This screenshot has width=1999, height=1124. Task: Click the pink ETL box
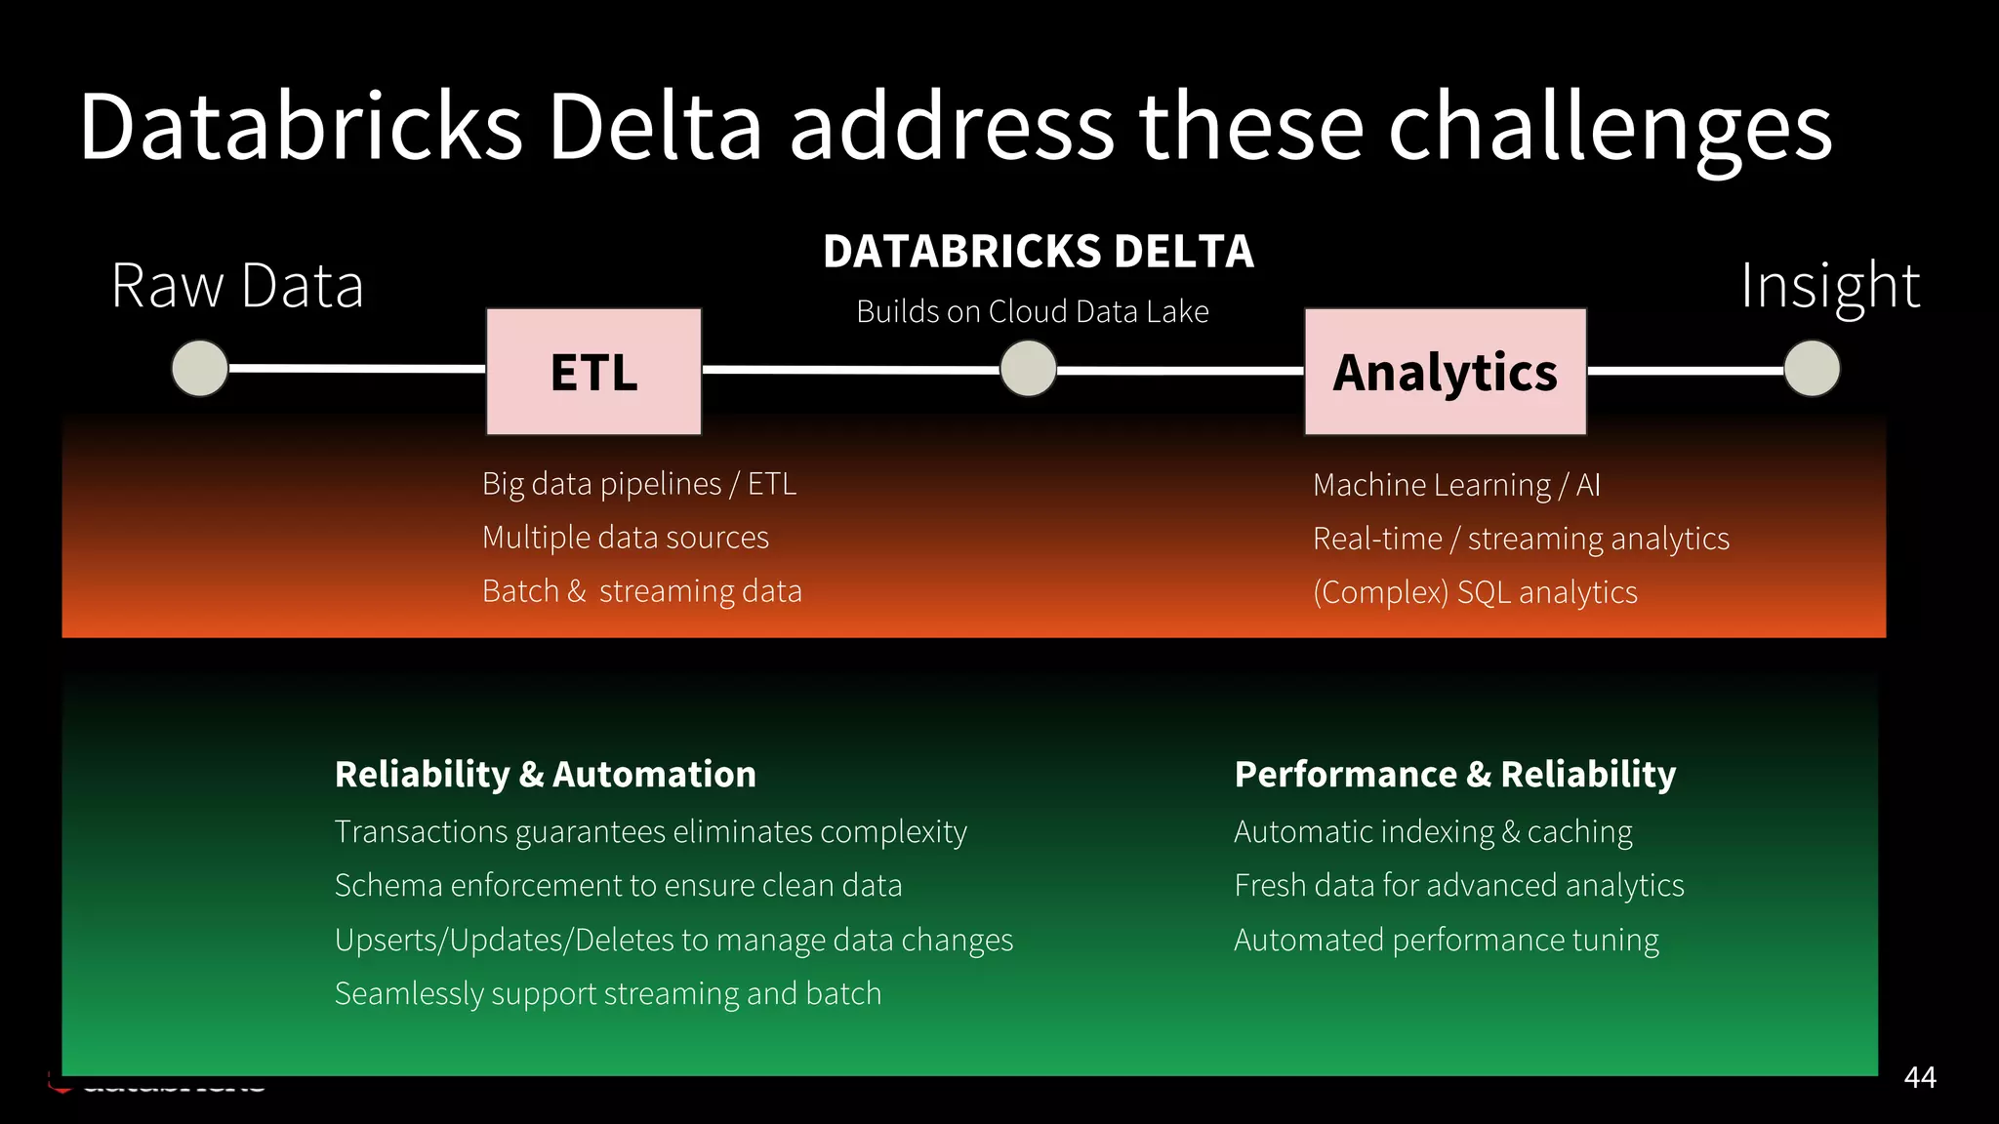[593, 372]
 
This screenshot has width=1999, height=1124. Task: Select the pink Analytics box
[1445, 372]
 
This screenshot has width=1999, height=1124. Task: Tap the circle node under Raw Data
[200, 368]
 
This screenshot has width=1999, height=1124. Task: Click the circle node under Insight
[1812, 369]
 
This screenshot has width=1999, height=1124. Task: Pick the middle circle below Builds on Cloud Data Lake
[1028, 369]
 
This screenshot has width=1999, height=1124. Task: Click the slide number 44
[1919, 1077]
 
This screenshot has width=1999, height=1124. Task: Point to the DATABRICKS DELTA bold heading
[1038, 252]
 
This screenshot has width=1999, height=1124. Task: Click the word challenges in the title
[1610, 128]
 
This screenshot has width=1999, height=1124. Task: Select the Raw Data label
[237, 286]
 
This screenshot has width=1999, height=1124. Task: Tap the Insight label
[1830, 286]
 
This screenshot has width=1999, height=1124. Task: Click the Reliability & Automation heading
[545, 774]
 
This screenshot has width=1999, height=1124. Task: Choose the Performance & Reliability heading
[1454, 774]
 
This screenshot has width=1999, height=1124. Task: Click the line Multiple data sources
[625, 538]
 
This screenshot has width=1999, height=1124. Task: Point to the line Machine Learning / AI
[1455, 485]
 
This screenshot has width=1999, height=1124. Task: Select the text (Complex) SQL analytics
[1474, 592]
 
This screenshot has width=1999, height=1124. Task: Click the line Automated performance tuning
[1446, 940]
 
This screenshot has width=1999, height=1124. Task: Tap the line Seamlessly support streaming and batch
[607, 993]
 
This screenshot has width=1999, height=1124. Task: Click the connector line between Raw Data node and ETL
[356, 368]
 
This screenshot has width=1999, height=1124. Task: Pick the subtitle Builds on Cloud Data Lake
[1032, 311]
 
